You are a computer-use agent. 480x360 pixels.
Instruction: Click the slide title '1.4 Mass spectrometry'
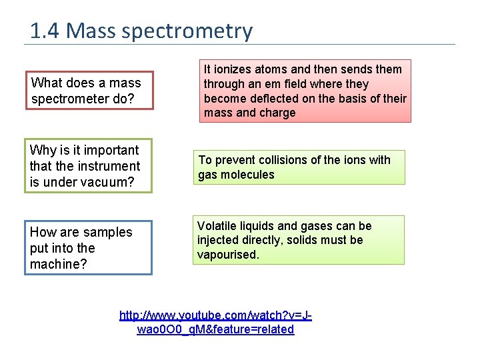point(141,31)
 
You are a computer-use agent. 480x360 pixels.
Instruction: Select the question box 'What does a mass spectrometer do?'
point(89,91)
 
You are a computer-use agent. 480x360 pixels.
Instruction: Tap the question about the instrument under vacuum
point(88,166)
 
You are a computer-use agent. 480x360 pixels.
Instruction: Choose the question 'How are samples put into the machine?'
point(88,248)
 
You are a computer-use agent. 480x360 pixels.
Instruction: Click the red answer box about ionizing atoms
point(305,91)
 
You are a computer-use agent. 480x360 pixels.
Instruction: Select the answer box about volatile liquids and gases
point(299,240)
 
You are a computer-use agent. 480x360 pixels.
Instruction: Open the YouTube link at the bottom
point(215,322)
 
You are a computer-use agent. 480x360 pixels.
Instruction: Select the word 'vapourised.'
point(227,255)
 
